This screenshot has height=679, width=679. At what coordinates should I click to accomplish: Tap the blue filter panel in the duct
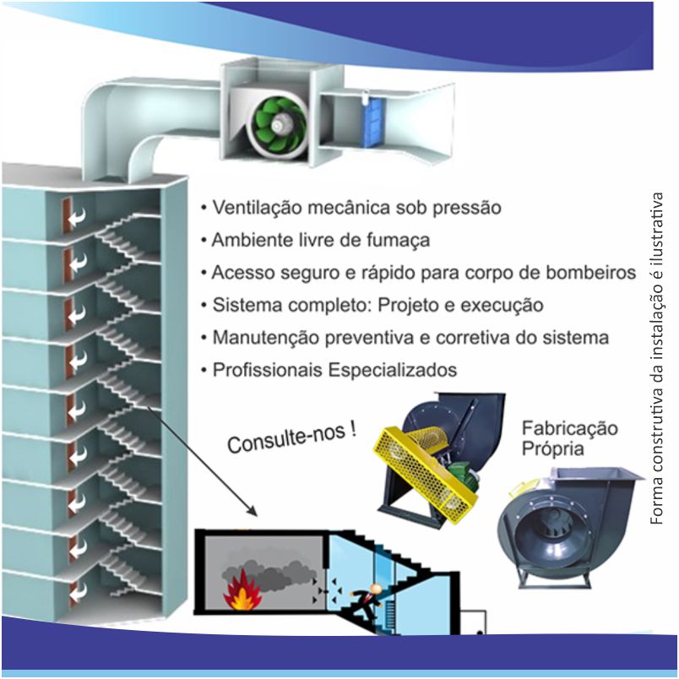coord(372,122)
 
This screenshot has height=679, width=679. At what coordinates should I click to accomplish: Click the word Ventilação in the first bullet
coord(258,208)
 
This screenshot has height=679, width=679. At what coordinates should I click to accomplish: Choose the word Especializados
coord(393,370)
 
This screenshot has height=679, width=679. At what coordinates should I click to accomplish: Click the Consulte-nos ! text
coord(292,437)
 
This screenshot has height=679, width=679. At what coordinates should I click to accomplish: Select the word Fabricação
coord(569,428)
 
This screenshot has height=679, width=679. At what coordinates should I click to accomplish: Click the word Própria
coord(552,448)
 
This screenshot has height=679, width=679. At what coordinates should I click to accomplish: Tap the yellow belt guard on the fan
coord(426,473)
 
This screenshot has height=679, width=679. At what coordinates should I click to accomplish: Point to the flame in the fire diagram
coord(242,591)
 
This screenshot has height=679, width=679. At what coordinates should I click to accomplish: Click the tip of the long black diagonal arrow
coord(258,517)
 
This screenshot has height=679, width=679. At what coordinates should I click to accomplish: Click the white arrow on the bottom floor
coord(77,592)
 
